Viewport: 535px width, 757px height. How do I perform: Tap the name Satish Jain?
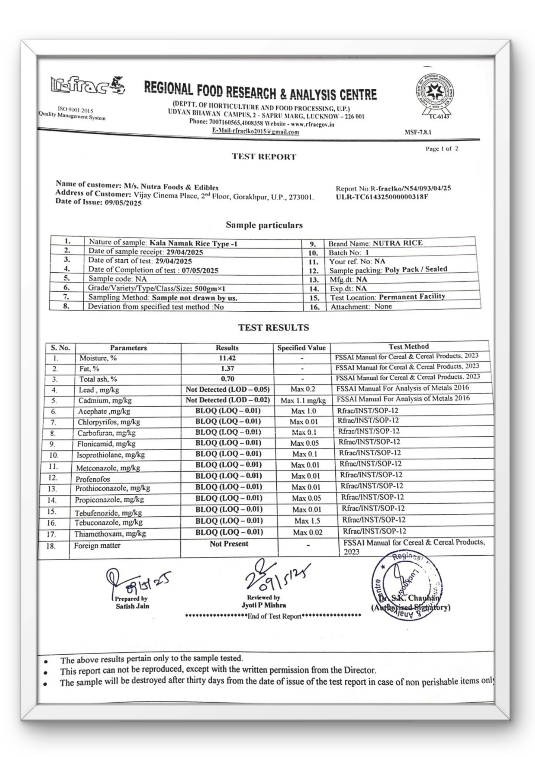coord(132,615)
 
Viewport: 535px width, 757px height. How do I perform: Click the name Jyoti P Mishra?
coord(264,614)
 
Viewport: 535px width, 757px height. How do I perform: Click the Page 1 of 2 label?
coord(442,149)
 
